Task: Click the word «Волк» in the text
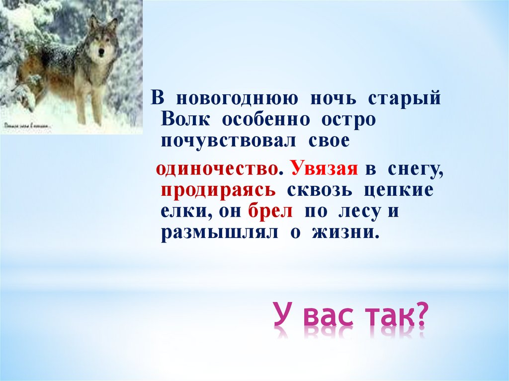point(186,121)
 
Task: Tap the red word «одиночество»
point(217,169)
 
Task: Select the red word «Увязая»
point(325,169)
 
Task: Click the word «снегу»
point(413,170)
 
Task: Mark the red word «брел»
point(272,212)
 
